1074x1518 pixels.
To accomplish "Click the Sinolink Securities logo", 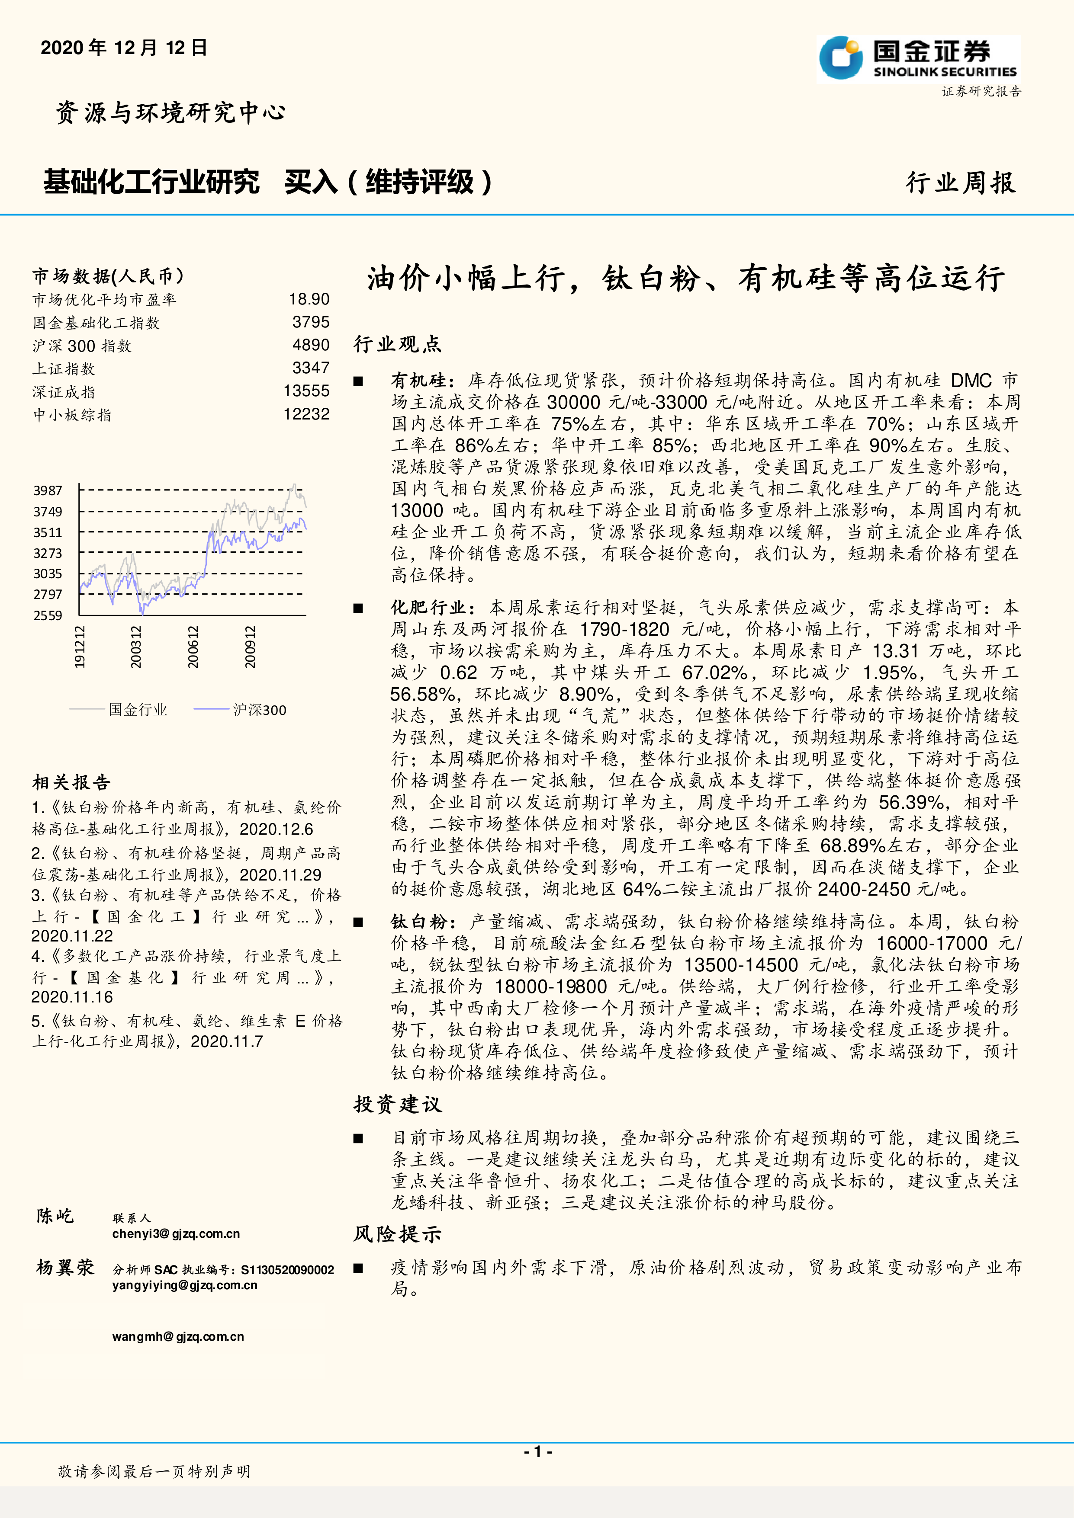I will point(918,60).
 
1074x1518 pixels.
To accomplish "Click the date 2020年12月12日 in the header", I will point(124,48).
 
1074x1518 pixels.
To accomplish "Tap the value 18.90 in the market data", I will point(309,300).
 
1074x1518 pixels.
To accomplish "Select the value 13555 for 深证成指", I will point(306,391).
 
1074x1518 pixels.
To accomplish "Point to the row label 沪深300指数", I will point(82,346).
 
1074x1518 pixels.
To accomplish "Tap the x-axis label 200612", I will point(193,647).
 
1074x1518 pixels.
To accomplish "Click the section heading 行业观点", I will point(398,344).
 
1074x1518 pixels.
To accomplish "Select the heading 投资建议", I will point(398,1104).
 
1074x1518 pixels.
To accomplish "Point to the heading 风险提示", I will point(398,1234).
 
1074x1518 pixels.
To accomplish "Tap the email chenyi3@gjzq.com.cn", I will point(176,1234).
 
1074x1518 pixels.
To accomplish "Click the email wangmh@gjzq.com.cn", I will point(178,1336).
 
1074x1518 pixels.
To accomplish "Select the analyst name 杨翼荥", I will point(65,1268).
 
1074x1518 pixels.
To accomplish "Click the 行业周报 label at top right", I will point(960,183).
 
